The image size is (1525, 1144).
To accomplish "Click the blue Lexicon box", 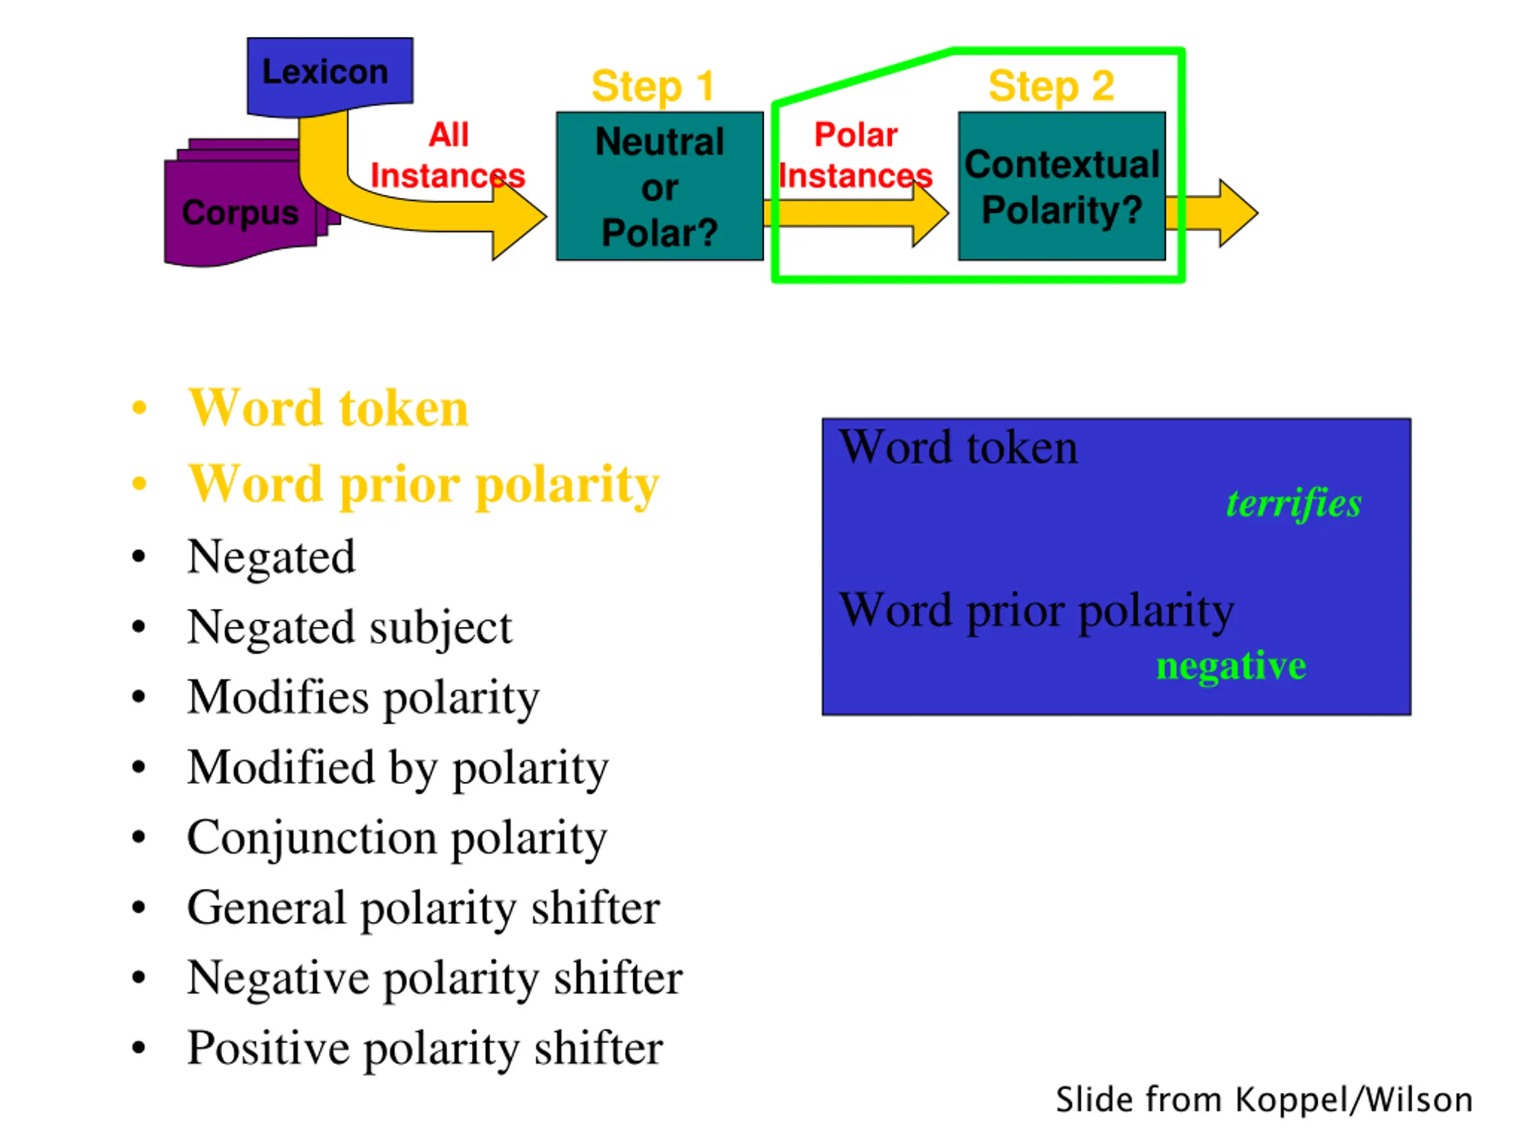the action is [330, 76].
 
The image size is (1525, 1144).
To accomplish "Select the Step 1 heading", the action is [653, 86].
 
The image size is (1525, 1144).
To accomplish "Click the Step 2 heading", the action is [1051, 86].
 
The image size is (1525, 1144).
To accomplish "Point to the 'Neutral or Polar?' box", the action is [660, 186].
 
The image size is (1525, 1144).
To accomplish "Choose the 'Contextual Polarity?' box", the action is [1062, 186].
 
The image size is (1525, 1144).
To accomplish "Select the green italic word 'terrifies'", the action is [1294, 503].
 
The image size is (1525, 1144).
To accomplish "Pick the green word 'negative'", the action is [1231, 666].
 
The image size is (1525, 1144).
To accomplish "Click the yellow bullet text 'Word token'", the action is [328, 408].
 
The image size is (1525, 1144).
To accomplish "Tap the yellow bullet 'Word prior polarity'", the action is [424, 486].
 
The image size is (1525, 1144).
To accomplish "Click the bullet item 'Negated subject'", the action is [350, 628].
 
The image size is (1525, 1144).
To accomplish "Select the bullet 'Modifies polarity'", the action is [363, 698].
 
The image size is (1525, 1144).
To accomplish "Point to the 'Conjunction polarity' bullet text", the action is [397, 839].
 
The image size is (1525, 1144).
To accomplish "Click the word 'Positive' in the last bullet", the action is [268, 1049].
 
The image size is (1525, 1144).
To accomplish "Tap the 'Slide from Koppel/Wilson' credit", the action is [1265, 1101].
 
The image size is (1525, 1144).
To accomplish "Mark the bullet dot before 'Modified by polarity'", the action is [139, 767].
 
